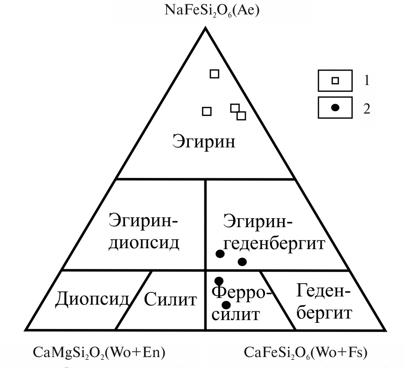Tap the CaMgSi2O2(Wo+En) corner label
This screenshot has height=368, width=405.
(99, 352)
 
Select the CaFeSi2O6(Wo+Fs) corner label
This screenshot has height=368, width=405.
(306, 352)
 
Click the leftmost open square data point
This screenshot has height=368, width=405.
(207, 111)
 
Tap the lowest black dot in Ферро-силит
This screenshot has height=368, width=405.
(226, 305)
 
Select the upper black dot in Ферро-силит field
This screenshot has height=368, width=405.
(219, 281)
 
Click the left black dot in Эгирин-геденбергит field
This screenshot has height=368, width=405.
(220, 254)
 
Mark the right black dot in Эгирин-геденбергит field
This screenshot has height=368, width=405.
(242, 262)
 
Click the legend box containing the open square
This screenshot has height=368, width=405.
(335, 81)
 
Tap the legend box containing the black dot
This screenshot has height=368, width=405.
(335, 107)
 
